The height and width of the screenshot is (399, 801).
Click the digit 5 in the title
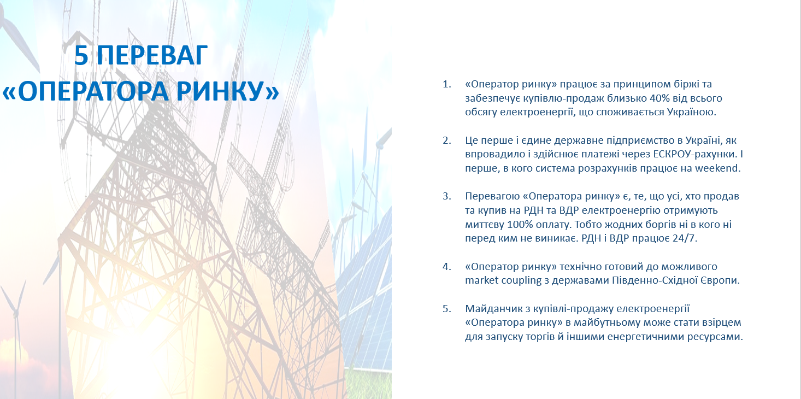(81, 55)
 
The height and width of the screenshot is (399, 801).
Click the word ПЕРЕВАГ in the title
(152, 55)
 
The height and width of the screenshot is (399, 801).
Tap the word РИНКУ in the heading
(227, 91)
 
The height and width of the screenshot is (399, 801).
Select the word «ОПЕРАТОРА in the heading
(85, 91)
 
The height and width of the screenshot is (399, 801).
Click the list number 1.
(446, 84)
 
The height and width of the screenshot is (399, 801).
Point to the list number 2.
(446, 140)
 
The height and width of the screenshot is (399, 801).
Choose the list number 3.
(446, 196)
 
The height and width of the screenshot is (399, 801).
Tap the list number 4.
(446, 267)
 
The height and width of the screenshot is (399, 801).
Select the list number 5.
(446, 308)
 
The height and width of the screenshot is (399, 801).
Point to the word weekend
(718, 168)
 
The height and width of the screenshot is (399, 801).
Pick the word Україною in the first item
(692, 112)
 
